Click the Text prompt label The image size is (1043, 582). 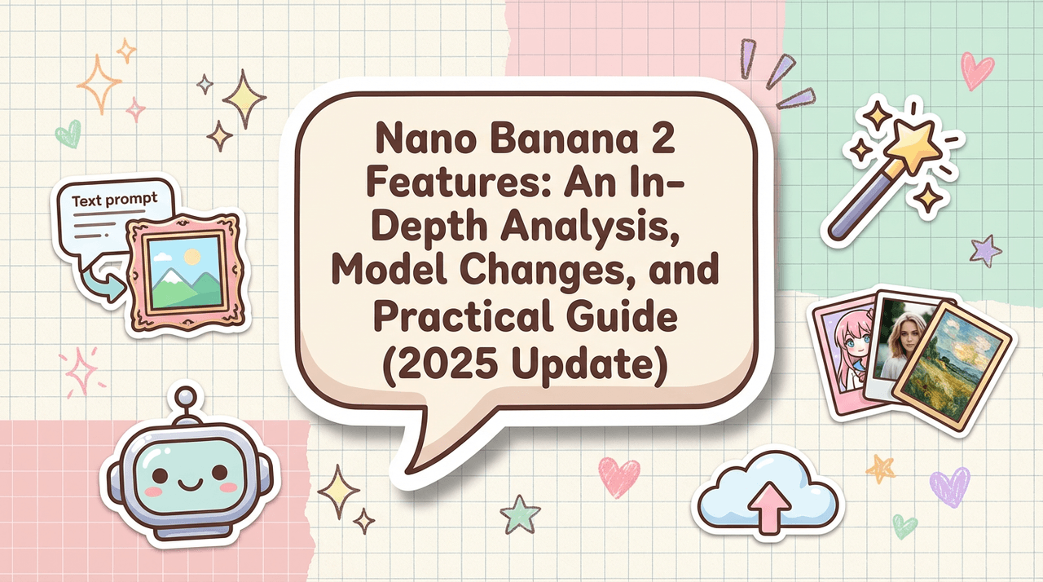[x=115, y=200]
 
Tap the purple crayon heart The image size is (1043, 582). [x=949, y=487]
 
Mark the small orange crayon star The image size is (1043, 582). [x=880, y=468]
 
